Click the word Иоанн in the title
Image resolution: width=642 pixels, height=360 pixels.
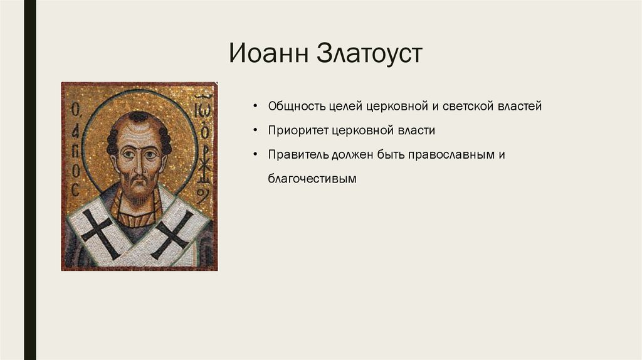[x=268, y=53]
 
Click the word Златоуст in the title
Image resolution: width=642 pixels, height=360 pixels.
[x=369, y=53]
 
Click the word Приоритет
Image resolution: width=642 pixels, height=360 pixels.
[x=298, y=130]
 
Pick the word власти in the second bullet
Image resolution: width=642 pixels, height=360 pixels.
[x=416, y=130]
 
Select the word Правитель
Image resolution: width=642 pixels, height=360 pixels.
[x=298, y=155]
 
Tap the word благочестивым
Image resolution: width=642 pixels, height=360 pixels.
[x=312, y=179]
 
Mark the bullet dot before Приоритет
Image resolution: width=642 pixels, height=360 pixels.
[x=256, y=130]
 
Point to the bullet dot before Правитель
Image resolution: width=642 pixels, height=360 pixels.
[x=256, y=155]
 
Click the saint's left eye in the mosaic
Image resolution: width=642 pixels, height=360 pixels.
[x=150, y=155]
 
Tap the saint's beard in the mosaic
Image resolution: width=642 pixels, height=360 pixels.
[x=138, y=193]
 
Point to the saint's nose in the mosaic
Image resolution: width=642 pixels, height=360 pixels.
[x=138, y=165]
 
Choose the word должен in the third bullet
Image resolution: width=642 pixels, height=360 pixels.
[x=352, y=155]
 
